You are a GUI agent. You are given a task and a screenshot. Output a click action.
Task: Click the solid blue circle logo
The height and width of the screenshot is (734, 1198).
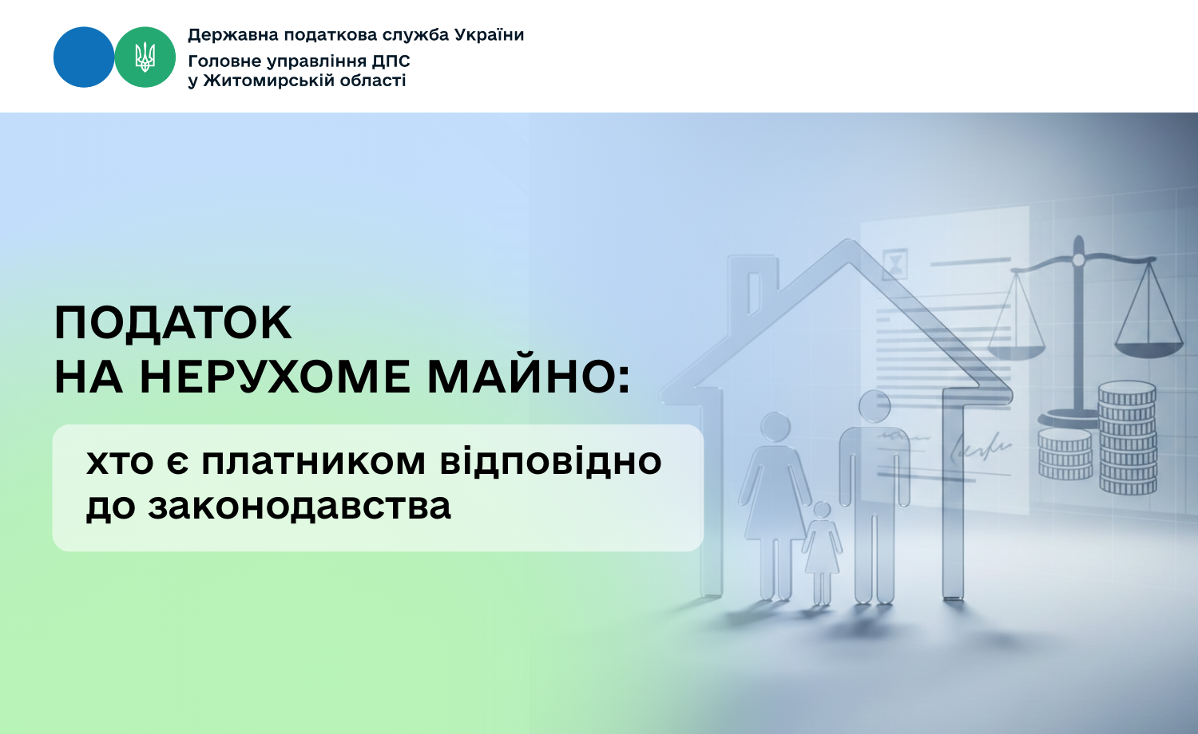tap(84, 57)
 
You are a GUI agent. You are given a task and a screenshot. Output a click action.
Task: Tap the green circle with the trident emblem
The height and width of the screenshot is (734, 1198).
tap(145, 57)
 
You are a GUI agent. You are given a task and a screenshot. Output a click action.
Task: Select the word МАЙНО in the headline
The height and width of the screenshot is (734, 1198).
tap(522, 377)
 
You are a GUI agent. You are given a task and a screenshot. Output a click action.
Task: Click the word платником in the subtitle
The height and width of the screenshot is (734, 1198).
tap(313, 462)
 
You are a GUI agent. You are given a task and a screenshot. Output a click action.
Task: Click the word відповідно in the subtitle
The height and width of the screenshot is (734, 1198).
tap(551, 460)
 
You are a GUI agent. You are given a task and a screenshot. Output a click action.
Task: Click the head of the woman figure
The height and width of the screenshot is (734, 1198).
tap(775, 428)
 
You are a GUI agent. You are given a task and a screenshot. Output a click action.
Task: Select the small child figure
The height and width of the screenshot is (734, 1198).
tap(822, 554)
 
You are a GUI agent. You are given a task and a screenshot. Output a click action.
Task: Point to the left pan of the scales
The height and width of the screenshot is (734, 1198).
tap(1016, 352)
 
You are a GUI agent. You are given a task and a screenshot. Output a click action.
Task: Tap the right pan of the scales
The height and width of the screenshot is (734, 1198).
tap(1148, 349)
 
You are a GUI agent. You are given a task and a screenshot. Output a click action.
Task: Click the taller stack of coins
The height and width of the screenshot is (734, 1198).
tap(1128, 437)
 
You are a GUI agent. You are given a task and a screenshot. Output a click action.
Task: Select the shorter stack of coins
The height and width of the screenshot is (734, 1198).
tap(1065, 453)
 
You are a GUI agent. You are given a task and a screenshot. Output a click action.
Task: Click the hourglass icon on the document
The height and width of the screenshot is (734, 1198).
tap(895, 264)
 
